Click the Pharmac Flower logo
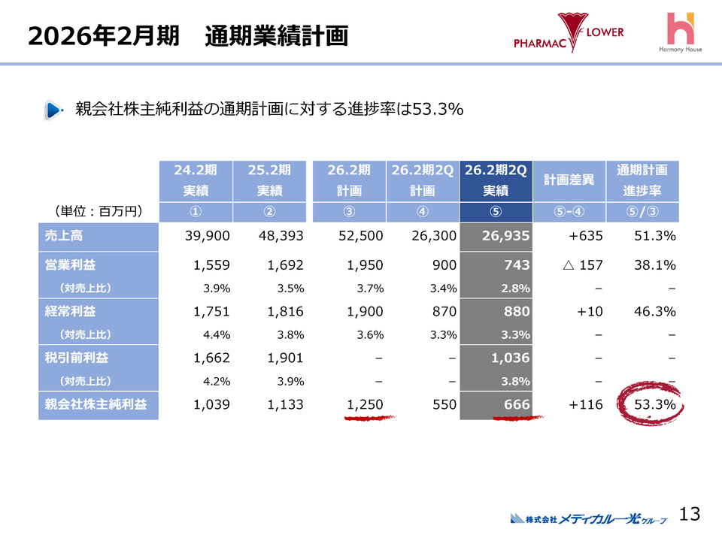pos(569,34)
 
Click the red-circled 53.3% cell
pos(648,405)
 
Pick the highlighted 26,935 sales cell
pos(496,236)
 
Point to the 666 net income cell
pos(496,405)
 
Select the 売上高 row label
pos(99,236)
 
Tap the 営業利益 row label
pos(99,264)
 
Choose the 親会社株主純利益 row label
pos(99,405)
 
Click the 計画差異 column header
pos(569,180)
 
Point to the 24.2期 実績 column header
pos(196,180)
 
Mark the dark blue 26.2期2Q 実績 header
pos(496,180)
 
